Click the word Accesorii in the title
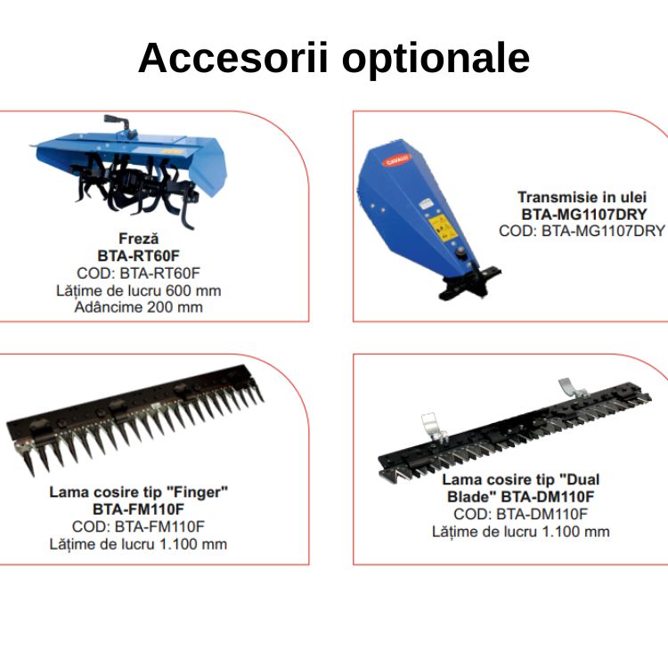tap(233, 58)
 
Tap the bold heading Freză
tap(138, 238)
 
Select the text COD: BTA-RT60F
tap(138, 273)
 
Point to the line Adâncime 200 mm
tap(138, 306)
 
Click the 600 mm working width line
tap(138, 290)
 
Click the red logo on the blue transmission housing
tap(396, 160)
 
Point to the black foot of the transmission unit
tap(469, 282)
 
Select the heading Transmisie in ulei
tap(582, 197)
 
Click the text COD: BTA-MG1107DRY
tap(582, 231)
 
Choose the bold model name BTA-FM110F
tap(138, 509)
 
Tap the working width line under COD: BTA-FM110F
tap(138, 544)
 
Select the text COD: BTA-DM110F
tap(521, 514)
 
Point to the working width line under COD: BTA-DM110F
tap(521, 531)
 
